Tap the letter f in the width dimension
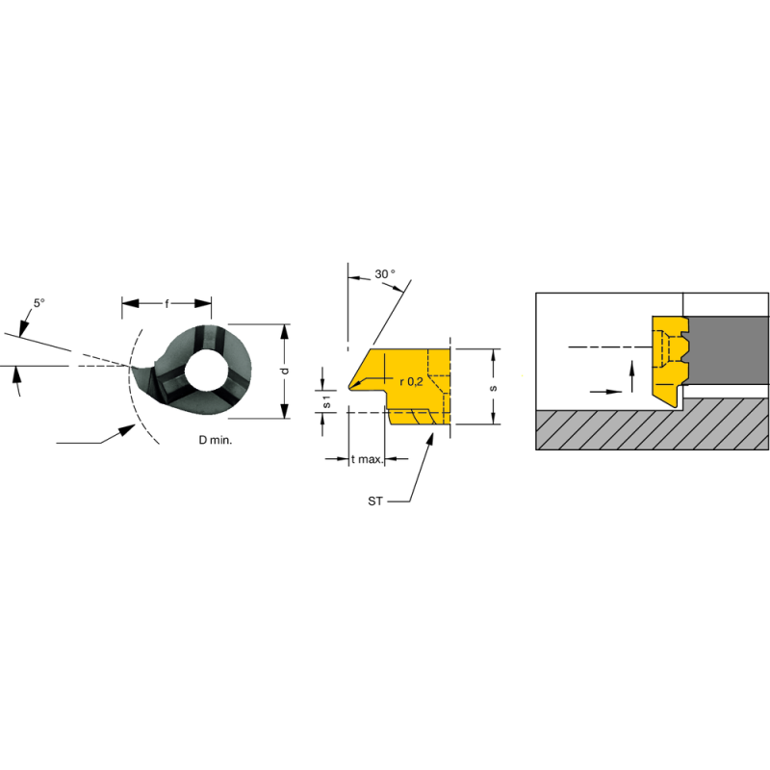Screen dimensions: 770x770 coord(167,304)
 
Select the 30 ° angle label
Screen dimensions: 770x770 coord(385,274)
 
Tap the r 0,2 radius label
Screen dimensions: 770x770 coord(411,381)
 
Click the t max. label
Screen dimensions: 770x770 coord(367,460)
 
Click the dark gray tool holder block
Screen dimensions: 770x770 coord(731,351)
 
